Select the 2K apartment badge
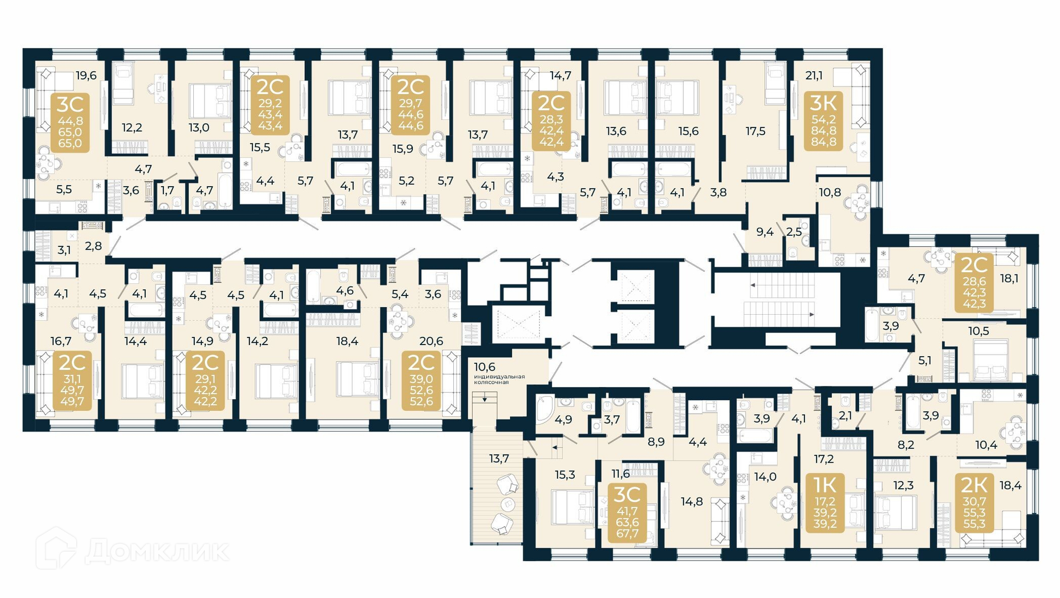point(974,502)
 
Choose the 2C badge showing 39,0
point(421,380)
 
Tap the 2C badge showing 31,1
point(72,380)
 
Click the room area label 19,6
point(86,75)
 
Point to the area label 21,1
point(814,75)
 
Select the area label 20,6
point(431,341)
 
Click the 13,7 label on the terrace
point(499,458)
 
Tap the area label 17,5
point(755,131)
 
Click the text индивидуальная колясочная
point(499,379)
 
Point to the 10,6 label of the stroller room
point(484,367)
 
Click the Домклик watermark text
point(157,551)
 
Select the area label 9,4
point(765,232)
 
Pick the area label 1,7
point(167,190)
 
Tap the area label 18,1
point(1009,278)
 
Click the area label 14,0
point(765,477)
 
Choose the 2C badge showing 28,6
point(974,283)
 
